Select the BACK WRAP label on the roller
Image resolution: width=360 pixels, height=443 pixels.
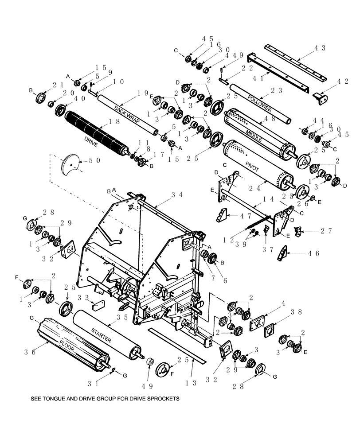coord(126,113)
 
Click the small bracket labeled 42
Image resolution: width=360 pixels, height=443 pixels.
coord(320,97)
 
